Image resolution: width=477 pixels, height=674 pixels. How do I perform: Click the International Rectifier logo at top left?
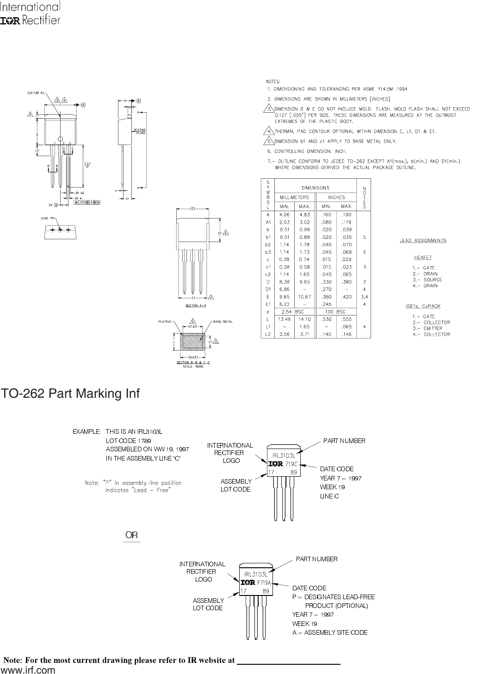(x=30, y=14)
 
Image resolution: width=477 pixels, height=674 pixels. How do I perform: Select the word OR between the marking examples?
(x=131, y=535)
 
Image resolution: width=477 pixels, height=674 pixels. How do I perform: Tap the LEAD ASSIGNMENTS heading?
(x=423, y=240)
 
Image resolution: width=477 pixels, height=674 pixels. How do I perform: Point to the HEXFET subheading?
(x=422, y=257)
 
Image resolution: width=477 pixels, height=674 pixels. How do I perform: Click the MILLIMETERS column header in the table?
(x=293, y=197)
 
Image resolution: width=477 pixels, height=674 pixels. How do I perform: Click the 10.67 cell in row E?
(x=304, y=297)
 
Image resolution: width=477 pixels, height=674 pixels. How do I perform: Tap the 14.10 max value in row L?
(x=304, y=319)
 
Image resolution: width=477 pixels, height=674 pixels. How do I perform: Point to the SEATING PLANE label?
(x=139, y=131)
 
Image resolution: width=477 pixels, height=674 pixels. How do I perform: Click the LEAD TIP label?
(x=48, y=218)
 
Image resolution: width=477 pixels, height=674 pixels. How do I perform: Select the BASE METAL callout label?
(x=223, y=321)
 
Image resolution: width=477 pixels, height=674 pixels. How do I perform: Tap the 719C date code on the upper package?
(x=291, y=463)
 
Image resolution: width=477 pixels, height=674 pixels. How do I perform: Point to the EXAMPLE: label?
(x=87, y=431)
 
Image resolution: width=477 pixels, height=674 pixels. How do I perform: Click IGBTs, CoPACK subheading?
(x=422, y=306)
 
